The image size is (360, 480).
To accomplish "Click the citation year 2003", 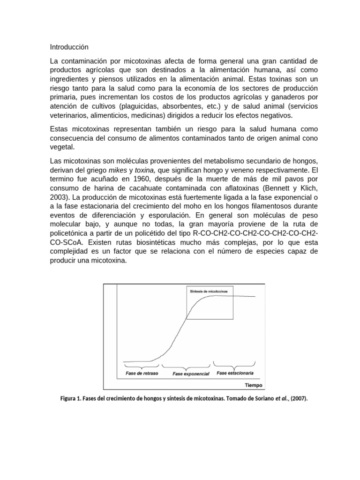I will (x=59, y=197).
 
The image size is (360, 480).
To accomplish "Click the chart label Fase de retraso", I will (x=142, y=374).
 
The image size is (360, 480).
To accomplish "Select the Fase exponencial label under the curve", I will (x=191, y=374).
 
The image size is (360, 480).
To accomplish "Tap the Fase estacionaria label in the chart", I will (x=235, y=374).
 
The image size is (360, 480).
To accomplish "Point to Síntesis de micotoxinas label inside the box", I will (x=209, y=291).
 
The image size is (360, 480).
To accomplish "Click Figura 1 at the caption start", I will (x=71, y=399).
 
